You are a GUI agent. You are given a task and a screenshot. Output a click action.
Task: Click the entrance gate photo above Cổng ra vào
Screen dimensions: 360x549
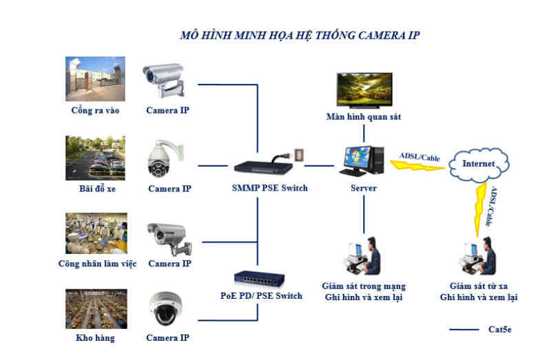pyautogui.click(x=95, y=78)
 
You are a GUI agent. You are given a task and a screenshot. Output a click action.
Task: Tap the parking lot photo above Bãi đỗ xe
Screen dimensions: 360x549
pyautogui.click(x=95, y=158)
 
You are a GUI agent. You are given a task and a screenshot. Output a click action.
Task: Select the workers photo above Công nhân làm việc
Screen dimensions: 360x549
pyautogui.click(x=95, y=233)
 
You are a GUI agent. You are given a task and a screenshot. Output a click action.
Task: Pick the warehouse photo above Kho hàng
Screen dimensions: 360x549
pyautogui.click(x=95, y=308)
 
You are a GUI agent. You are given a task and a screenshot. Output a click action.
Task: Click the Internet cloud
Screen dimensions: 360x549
pyautogui.click(x=479, y=165)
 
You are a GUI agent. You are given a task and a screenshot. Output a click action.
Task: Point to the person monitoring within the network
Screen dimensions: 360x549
pyautogui.click(x=362, y=256)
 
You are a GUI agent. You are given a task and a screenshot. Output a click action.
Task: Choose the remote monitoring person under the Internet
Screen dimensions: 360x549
pyautogui.click(x=478, y=256)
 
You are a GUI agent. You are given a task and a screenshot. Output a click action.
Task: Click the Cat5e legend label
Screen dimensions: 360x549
pyautogui.click(x=499, y=330)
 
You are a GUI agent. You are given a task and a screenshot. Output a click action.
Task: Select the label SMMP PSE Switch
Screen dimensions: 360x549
pyautogui.click(x=269, y=188)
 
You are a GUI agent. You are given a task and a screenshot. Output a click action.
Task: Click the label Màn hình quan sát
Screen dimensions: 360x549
pyautogui.click(x=364, y=117)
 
